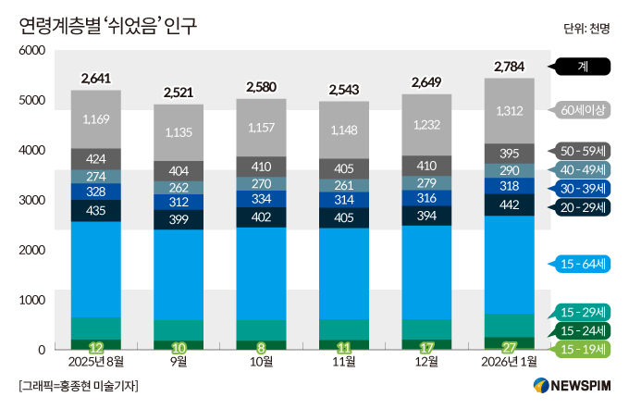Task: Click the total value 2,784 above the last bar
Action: (x=511, y=67)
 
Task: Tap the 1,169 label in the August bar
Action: (x=96, y=119)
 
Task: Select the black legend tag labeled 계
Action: (x=582, y=67)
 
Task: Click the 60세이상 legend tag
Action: (x=584, y=110)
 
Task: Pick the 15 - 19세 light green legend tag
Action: (x=584, y=349)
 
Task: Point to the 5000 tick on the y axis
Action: (x=31, y=100)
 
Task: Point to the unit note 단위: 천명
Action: (x=586, y=29)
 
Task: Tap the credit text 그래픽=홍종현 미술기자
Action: (x=78, y=386)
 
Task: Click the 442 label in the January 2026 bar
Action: (x=511, y=204)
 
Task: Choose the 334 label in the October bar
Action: (x=262, y=198)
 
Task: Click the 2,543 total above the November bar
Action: (x=345, y=91)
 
